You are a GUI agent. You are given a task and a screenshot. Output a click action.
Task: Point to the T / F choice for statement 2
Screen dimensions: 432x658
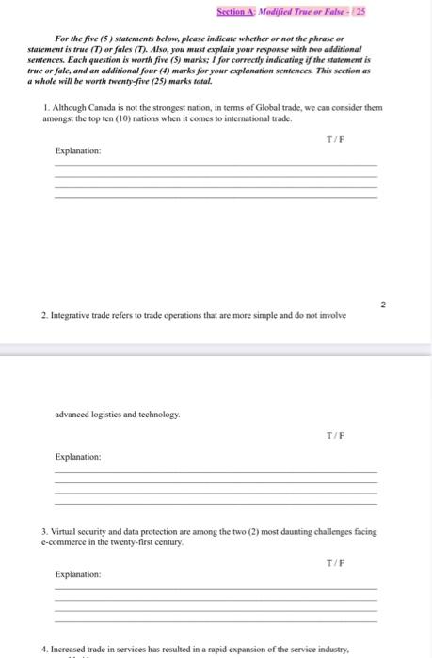pyautogui.click(x=334, y=435)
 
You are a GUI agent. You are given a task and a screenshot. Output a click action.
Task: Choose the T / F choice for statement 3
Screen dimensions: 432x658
pyautogui.click(x=334, y=562)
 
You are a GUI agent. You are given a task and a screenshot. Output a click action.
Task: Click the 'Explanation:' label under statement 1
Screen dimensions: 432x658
pyautogui.click(x=78, y=150)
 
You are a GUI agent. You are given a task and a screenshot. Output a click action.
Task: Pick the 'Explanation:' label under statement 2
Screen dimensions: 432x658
pyautogui.click(x=78, y=456)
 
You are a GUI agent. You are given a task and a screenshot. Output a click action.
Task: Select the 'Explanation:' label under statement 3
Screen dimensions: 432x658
pyautogui.click(x=78, y=573)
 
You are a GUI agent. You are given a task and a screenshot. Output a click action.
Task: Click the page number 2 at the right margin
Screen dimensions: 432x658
pyautogui.click(x=383, y=304)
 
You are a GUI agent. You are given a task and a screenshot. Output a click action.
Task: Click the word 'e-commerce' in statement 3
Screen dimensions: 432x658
pyautogui.click(x=63, y=542)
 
